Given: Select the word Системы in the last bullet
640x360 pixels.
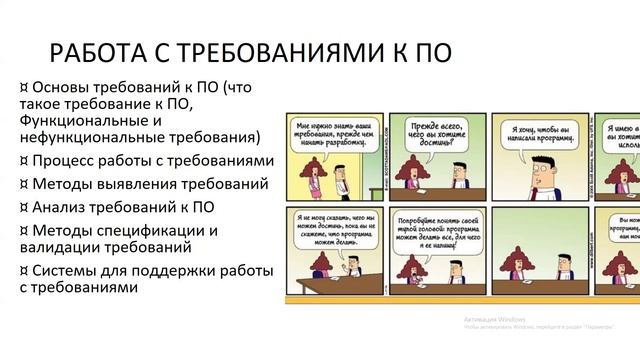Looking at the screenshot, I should [x=68, y=270].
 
